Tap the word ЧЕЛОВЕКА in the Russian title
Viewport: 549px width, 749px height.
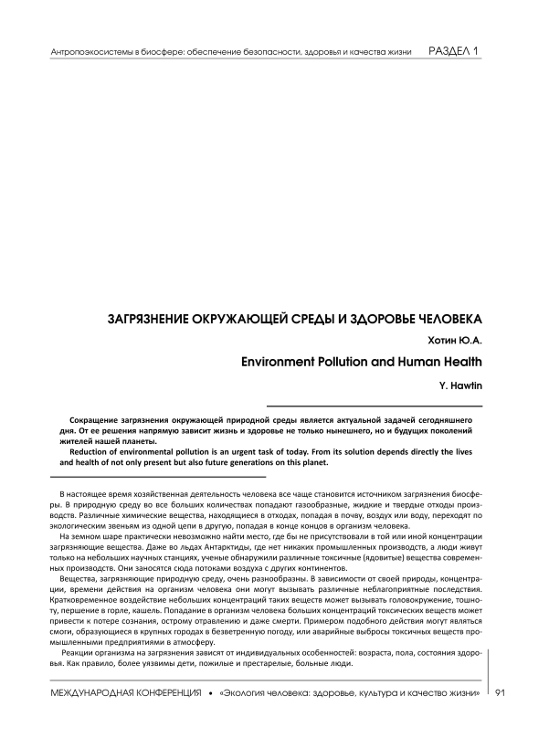(444, 322)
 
